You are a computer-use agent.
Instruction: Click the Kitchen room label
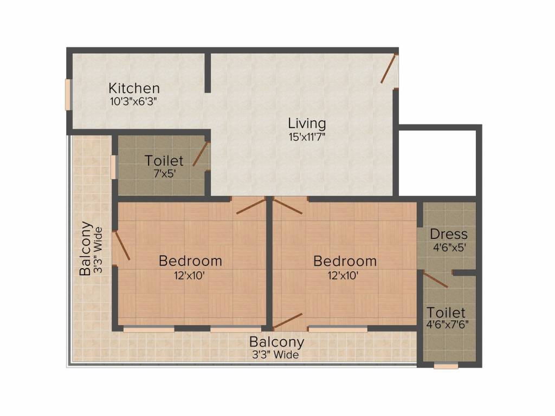click(134, 88)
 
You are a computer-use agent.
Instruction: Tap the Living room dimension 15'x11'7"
click(307, 137)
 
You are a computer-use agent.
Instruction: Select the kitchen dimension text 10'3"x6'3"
click(134, 101)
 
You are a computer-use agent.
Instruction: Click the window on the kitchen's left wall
click(69, 95)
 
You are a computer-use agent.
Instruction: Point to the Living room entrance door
click(390, 69)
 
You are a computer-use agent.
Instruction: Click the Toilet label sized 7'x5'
click(164, 160)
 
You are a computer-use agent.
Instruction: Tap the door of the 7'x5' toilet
click(201, 154)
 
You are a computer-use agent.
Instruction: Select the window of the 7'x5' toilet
click(113, 166)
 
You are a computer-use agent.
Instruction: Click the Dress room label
click(448, 235)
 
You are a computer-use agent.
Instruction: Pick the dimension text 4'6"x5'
click(448, 247)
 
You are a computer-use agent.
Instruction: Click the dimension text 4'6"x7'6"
click(447, 325)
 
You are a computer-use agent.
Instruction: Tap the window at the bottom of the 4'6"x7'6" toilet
click(446, 366)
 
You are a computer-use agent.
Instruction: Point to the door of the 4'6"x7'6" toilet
click(435, 279)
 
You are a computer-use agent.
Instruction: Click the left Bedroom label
click(190, 261)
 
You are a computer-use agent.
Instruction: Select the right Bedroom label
click(345, 261)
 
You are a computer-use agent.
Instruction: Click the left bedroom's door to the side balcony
click(121, 246)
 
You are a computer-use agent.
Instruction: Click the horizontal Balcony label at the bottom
click(276, 342)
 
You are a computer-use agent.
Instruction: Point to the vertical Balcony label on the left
click(85, 248)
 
